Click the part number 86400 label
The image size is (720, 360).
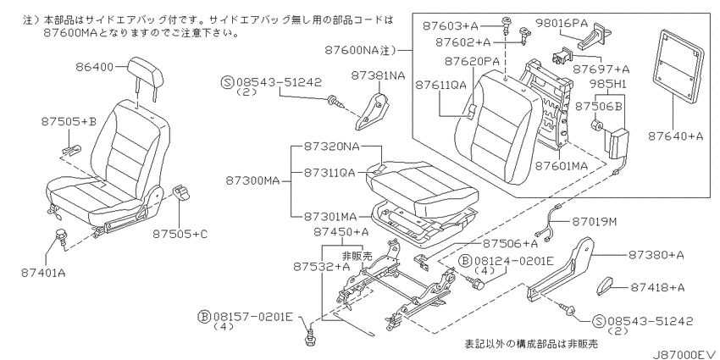point(94,67)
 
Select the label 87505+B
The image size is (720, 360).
point(69,122)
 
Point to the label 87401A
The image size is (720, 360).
point(43,274)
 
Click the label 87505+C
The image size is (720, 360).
point(180,234)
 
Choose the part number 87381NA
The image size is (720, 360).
point(379,75)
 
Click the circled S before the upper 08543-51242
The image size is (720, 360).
point(228,82)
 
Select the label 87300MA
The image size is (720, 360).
point(252,180)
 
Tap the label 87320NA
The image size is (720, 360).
point(331,147)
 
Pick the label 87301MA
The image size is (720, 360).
point(331,215)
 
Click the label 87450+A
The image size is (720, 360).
point(341,232)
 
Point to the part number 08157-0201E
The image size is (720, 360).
point(252,317)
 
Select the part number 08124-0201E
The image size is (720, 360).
point(513,261)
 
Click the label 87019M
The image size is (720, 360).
point(594,222)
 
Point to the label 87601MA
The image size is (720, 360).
point(562,166)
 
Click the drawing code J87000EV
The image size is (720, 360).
point(684,354)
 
